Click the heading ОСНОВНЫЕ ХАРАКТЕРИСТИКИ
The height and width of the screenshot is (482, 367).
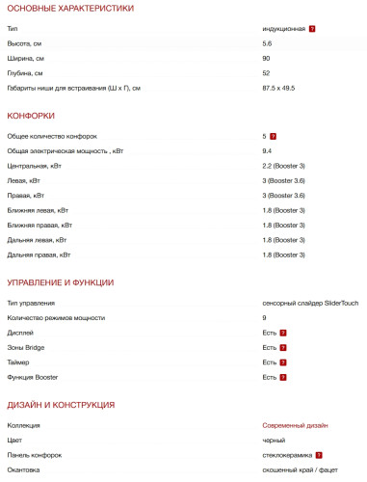(70, 9)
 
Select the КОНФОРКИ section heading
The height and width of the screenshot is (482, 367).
(31, 116)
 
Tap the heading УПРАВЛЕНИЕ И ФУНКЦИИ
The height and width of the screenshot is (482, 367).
(61, 282)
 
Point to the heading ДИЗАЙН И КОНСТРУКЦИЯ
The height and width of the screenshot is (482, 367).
(61, 404)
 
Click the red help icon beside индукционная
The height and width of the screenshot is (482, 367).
(312, 29)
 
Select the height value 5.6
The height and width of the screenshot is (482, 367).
(268, 44)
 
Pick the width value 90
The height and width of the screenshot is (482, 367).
(267, 59)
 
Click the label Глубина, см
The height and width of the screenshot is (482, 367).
(26, 73)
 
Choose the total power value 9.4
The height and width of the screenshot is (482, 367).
(268, 151)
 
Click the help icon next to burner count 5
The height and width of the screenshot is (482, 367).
(274, 137)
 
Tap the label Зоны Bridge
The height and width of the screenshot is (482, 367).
(26, 347)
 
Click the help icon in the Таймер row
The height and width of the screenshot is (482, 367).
(283, 361)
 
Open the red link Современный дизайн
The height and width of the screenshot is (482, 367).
(295, 425)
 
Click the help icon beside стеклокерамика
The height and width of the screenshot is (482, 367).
(318, 454)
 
